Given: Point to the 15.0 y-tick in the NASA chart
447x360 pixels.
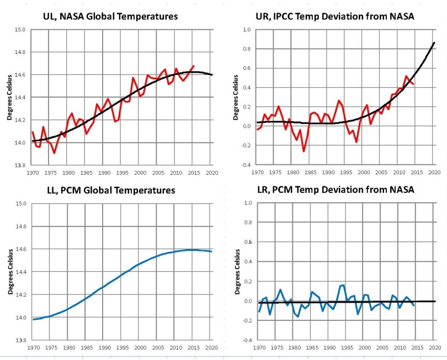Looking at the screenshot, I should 19,29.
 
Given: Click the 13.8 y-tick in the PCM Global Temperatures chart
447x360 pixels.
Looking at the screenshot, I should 19,340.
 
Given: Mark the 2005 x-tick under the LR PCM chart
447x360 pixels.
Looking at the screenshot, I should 382,348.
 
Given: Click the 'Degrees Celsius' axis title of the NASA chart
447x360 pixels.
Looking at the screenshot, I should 10,97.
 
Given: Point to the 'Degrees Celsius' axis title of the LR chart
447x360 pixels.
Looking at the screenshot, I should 235,271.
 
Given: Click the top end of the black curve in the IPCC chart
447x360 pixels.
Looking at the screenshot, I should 434,42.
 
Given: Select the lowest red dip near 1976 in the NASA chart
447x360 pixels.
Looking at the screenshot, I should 54,153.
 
